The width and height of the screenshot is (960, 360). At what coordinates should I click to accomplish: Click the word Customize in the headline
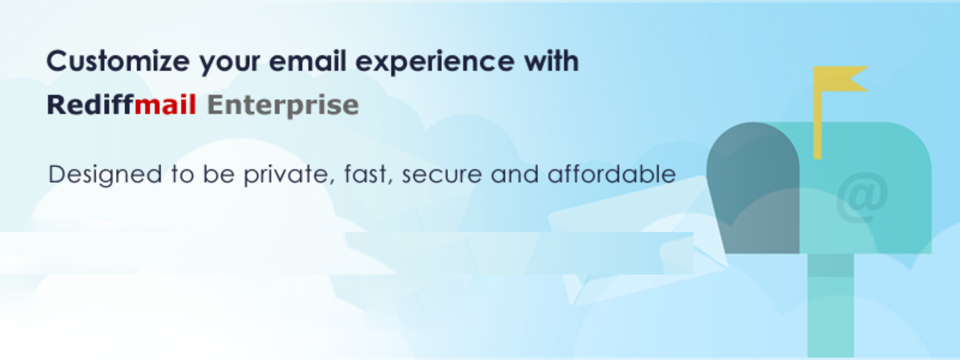(x=118, y=61)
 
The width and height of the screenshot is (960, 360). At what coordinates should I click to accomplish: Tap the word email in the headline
(x=307, y=61)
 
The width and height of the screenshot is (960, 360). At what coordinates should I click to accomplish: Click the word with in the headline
(x=551, y=61)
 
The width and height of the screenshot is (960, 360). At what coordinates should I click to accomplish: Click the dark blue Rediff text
(x=90, y=104)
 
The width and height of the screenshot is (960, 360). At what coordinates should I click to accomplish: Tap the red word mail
(x=165, y=104)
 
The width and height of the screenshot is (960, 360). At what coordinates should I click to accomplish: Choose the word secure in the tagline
(x=442, y=176)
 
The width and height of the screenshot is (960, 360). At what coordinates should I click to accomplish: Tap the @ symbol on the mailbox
(x=861, y=197)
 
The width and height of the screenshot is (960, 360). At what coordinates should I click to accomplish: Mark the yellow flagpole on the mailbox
(x=817, y=112)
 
